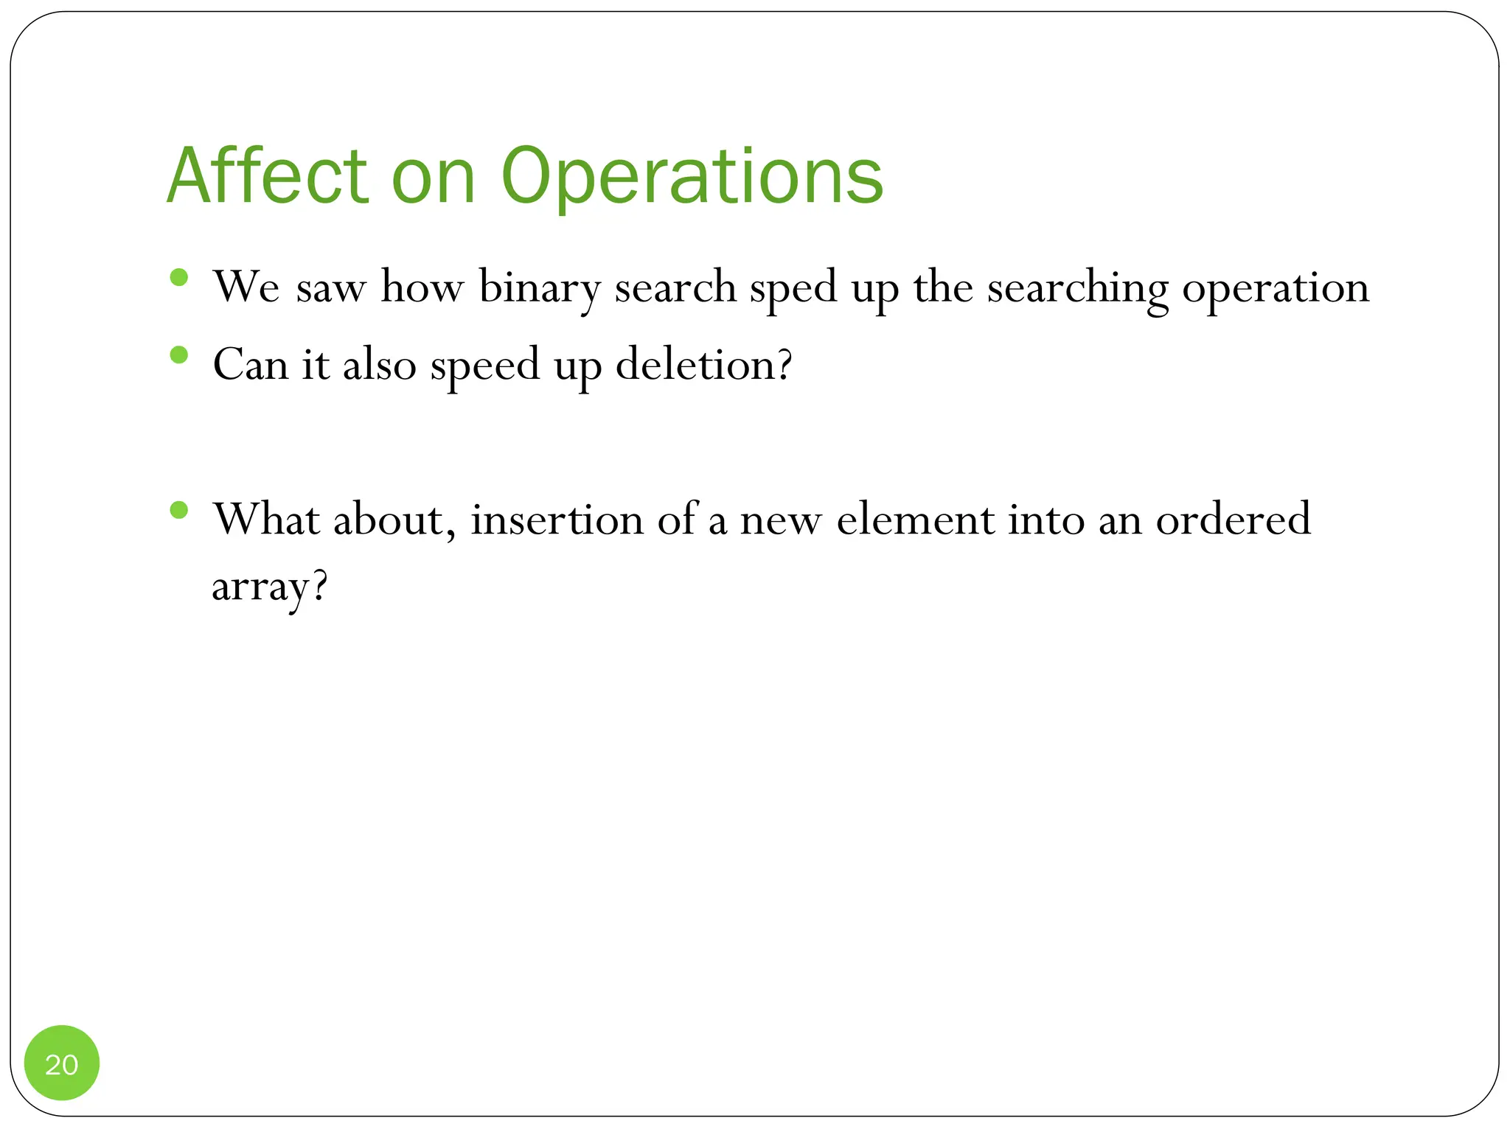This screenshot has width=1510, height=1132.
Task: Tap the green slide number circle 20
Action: pyautogui.click(x=62, y=1063)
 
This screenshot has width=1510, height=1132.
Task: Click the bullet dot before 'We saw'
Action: pyautogui.click(x=178, y=278)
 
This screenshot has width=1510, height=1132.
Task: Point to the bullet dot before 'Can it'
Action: pyautogui.click(x=178, y=355)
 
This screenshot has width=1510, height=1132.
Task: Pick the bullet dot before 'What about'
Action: pyautogui.click(x=178, y=510)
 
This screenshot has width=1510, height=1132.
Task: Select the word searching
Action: pyautogui.click(x=1077, y=289)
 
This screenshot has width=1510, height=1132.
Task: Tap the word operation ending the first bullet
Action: pyautogui.click(x=1276, y=289)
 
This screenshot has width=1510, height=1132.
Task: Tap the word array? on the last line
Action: pyautogui.click(x=269, y=588)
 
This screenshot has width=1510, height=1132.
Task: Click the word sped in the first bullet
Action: pyautogui.click(x=793, y=289)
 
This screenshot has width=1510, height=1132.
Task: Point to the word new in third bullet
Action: pyautogui.click(x=780, y=520)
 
